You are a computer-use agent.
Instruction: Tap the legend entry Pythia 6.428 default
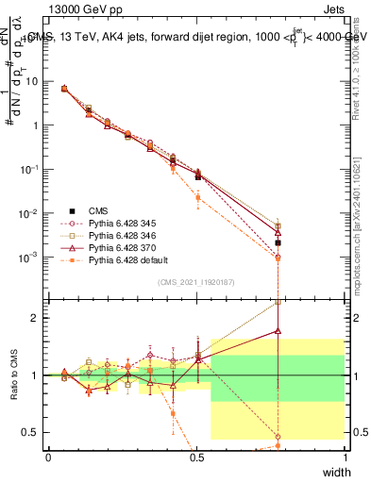[x=123, y=259]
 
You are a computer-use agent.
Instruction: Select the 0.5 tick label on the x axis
[x=196, y=458]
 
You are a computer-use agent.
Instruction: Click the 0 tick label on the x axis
[x=49, y=458]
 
